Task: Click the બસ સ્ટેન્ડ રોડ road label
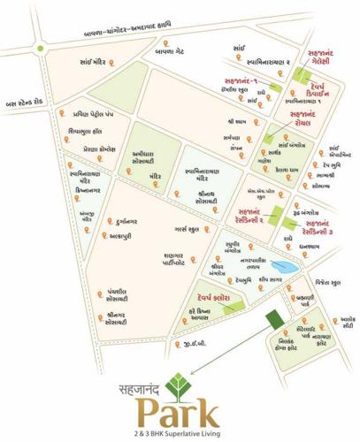pyautogui.click(x=27, y=102)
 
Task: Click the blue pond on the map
pyautogui.click(x=286, y=267)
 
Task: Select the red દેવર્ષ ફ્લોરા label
pyautogui.click(x=211, y=298)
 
